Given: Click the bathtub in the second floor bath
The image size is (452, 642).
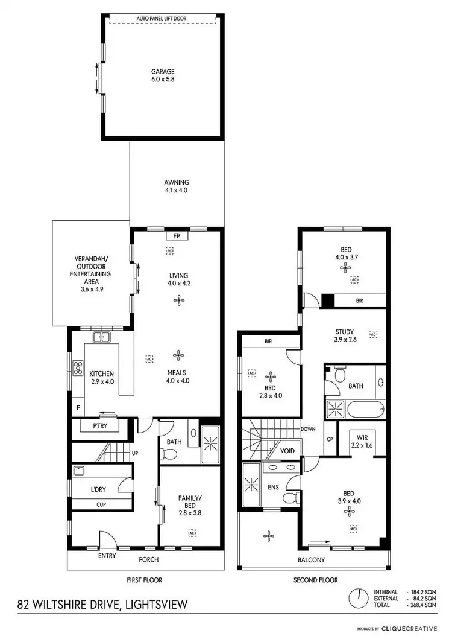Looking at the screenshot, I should tap(365, 410).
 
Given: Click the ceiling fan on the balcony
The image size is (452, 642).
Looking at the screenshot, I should tap(268, 535).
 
